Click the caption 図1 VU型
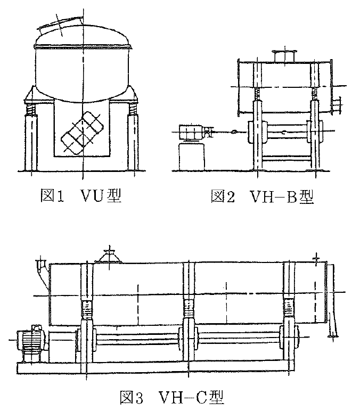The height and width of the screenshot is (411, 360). [81, 195]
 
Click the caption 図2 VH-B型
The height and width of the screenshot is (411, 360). [263, 196]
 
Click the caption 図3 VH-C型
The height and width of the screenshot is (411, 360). [172, 397]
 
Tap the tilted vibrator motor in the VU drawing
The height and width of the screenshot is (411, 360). [83, 133]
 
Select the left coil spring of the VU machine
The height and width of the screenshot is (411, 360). [30, 109]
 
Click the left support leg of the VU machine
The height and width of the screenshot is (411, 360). [30, 143]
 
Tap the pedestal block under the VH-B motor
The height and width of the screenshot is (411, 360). [191, 157]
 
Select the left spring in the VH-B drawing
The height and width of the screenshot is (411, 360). [257, 95]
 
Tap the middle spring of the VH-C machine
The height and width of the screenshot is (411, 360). [189, 309]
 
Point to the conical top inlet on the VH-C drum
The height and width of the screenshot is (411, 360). [110, 256]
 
